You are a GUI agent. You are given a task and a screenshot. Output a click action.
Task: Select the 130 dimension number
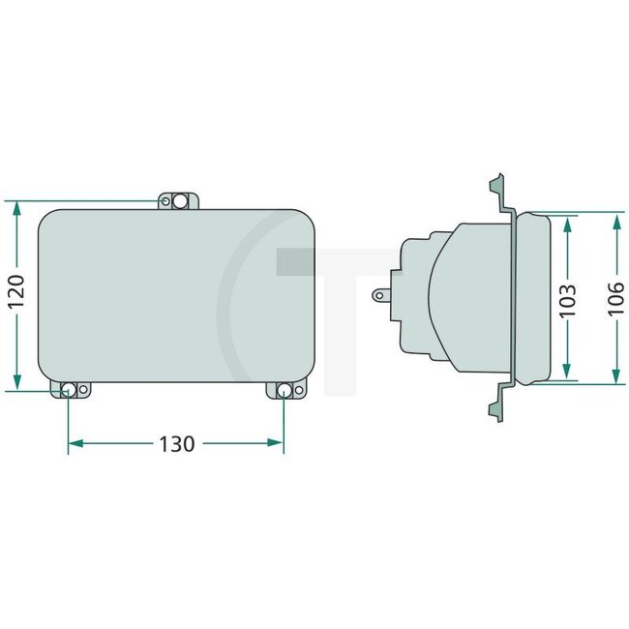pyautogui.click(x=175, y=444)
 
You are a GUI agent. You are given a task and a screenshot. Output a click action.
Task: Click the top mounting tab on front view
pyautogui.click(x=179, y=200)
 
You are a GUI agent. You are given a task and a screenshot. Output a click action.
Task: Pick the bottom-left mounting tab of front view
pyautogui.click(x=71, y=390)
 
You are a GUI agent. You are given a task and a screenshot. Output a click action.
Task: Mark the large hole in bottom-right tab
pyautogui.click(x=284, y=391)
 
